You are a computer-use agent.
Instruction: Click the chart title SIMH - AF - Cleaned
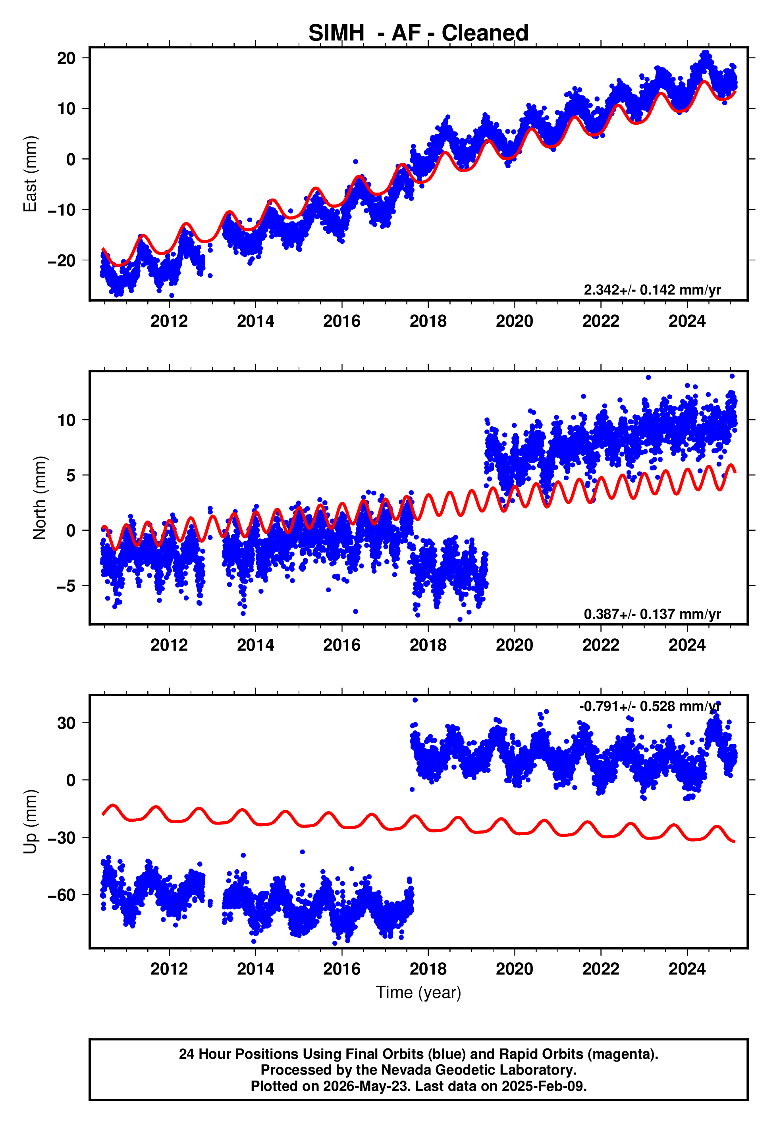click(418, 33)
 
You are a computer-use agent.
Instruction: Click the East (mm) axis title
click(30, 174)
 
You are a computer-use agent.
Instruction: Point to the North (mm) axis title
click(40, 498)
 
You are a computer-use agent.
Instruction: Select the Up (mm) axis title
click(30, 822)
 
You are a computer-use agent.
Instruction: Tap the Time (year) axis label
click(418, 993)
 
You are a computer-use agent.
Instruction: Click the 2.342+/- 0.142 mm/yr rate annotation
click(652, 290)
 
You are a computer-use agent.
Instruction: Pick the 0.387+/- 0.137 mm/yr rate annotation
click(652, 614)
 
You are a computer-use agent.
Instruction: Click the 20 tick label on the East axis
click(66, 58)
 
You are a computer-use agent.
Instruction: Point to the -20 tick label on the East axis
click(62, 260)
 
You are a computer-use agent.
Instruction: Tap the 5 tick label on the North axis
click(71, 475)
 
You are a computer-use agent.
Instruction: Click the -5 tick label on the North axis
click(66, 586)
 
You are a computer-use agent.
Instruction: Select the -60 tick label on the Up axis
click(62, 895)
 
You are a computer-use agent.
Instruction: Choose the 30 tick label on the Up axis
click(66, 722)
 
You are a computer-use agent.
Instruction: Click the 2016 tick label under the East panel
click(342, 321)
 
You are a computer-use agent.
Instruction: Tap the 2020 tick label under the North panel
click(515, 645)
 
